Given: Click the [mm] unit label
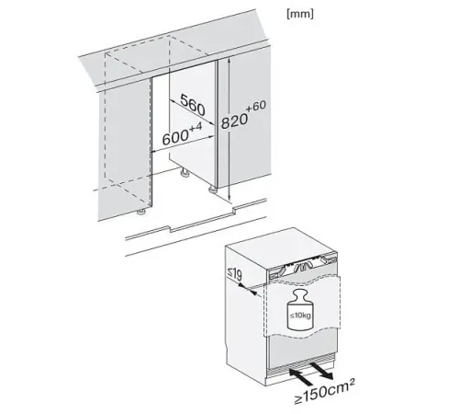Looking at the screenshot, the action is [300, 14].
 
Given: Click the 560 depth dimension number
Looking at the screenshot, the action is [193, 105].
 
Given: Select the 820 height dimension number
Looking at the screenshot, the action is [234, 121].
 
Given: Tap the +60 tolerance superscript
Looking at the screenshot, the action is [255, 107].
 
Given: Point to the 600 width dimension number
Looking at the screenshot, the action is [175, 137].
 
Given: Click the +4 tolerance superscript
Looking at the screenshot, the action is [196, 127].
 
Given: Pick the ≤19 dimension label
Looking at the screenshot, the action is [234, 274].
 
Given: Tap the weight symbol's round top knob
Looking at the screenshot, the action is [300, 295].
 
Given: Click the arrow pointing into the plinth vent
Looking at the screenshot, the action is [301, 377].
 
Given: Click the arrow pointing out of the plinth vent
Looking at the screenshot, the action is [321, 372].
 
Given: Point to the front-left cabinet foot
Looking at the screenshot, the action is [141, 212].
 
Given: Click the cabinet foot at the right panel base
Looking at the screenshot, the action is [212, 190].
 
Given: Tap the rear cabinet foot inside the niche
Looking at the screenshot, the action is [185, 173].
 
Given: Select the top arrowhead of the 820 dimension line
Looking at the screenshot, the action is [229, 62].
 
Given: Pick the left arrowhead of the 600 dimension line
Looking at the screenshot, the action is [155, 150].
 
